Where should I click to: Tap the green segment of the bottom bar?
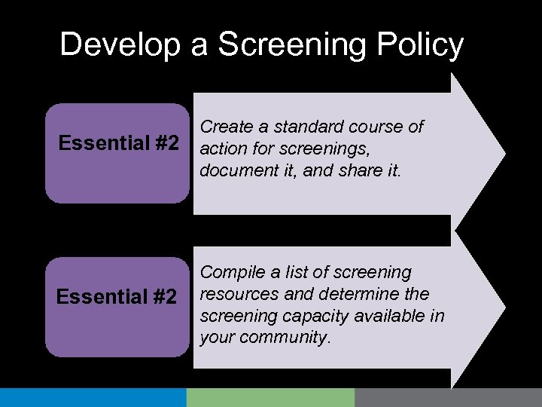[270, 397]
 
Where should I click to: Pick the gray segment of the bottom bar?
[448, 397]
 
